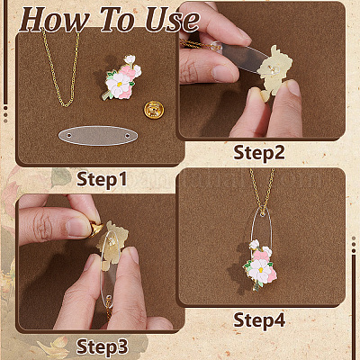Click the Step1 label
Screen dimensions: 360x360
pos(102,179)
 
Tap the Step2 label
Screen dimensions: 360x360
pos(259,153)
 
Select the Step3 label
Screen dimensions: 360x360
pos(103,346)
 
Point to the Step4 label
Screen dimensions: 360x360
pos(259,319)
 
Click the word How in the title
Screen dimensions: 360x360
pos(55,20)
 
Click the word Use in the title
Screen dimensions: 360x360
pos(172,20)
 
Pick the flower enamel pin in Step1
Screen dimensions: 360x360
pos(122,77)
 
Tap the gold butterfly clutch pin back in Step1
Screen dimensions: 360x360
pos(154,110)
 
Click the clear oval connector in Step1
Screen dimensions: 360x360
pos(98,136)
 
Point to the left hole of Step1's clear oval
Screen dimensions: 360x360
pos(69,136)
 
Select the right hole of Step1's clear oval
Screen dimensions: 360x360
pos(128,136)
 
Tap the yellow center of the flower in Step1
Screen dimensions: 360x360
pos(120,85)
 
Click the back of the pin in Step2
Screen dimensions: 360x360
pos(274,71)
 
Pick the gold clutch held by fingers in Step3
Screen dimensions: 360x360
pos(95,229)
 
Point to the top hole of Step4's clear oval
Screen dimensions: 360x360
pos(263,214)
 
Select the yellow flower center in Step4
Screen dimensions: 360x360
pos(261,269)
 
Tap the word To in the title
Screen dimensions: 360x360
pos(117,20)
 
